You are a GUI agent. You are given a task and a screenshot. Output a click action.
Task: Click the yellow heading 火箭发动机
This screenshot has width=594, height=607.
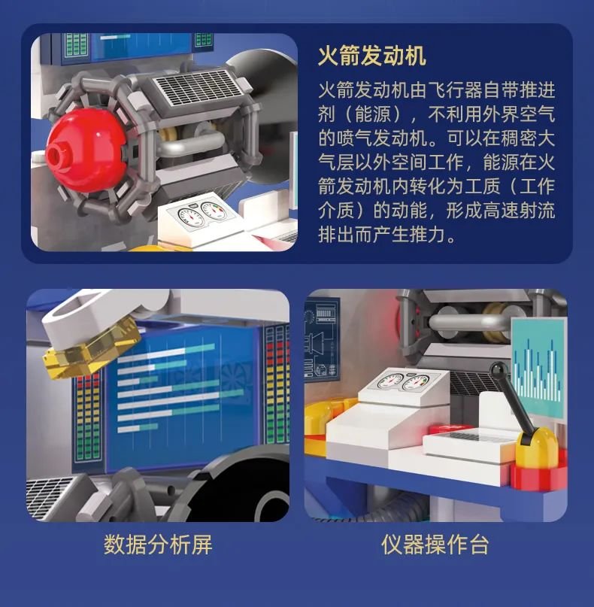tap(372, 56)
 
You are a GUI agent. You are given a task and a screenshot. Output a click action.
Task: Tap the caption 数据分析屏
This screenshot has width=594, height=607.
tap(158, 545)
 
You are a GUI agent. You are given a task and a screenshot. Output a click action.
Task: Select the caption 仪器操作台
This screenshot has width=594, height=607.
tap(435, 545)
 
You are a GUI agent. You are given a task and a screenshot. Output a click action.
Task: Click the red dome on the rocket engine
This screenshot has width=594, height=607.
tap(85, 150)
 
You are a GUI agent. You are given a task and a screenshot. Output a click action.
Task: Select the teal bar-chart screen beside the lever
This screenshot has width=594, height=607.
tap(538, 368)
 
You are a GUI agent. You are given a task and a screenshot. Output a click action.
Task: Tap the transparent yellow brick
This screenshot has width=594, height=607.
tap(93, 348)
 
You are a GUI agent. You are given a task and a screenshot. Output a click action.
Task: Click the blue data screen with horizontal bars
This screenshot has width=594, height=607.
tap(182, 395)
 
